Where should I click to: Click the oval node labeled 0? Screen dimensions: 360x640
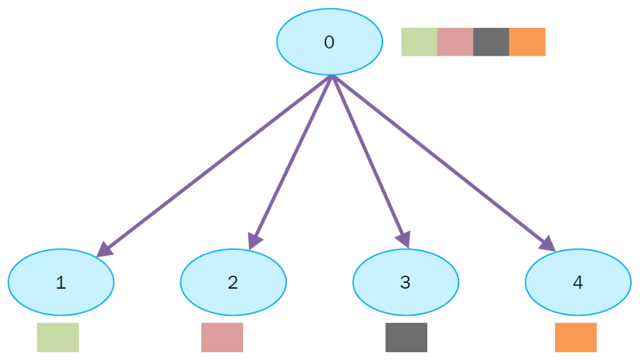click(329, 42)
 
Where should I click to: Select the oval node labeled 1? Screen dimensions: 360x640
click(61, 282)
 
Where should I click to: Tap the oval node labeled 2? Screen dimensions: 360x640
click(233, 282)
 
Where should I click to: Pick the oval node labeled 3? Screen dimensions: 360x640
click(405, 282)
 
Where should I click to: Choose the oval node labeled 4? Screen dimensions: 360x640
click(578, 282)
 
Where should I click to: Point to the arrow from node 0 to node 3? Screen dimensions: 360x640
click(368, 159)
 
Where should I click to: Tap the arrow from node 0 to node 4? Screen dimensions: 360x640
click(441, 162)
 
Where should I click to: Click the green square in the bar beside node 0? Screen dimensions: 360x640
click(419, 42)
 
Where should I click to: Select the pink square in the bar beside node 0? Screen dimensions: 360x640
click(455, 42)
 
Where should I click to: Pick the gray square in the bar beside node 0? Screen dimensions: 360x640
click(491, 42)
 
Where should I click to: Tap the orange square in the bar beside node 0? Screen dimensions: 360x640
click(527, 42)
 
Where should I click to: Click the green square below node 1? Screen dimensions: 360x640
click(58, 337)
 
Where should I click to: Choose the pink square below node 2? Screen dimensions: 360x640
click(222, 337)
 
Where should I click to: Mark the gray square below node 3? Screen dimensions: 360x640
click(406, 337)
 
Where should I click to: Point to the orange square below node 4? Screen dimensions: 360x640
click(575, 337)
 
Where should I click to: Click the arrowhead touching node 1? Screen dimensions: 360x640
click(105, 249)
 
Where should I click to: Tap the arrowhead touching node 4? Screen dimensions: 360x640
click(548, 243)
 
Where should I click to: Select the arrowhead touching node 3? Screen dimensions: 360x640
click(404, 239)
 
